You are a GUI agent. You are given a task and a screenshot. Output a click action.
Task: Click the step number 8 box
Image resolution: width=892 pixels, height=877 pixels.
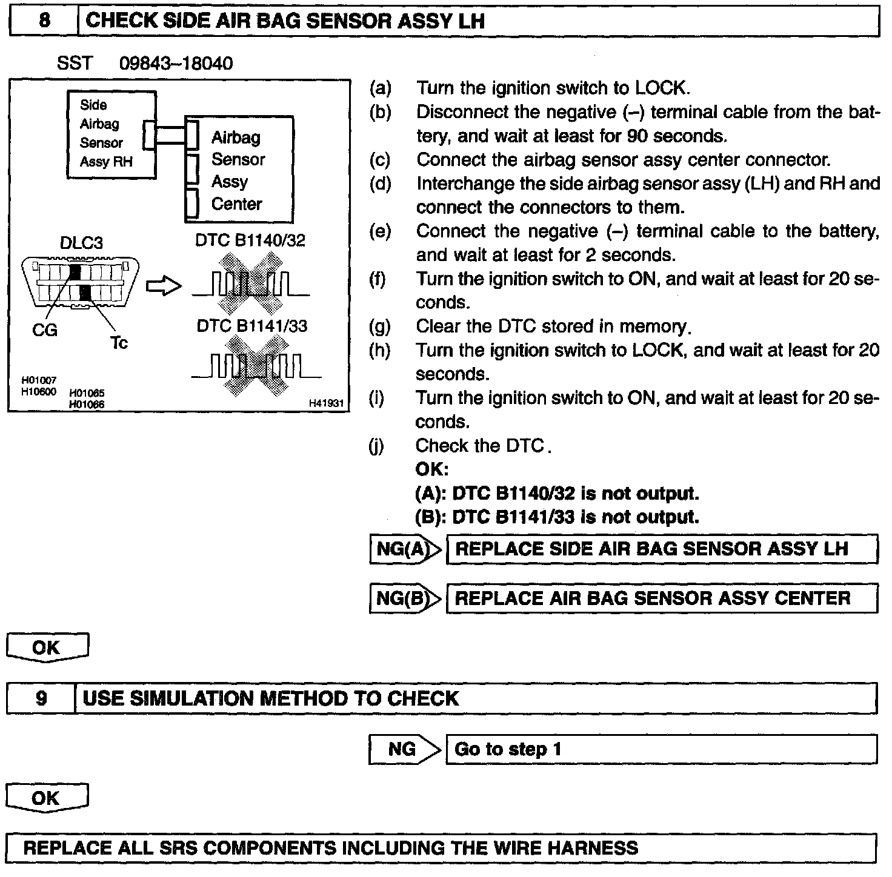44,21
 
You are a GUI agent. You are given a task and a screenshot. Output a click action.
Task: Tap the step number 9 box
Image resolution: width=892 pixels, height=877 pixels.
41,699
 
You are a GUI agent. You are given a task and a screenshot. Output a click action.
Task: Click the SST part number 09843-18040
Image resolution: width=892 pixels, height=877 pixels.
176,64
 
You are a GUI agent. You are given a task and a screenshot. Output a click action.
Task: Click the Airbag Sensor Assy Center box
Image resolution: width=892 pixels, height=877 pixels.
239,170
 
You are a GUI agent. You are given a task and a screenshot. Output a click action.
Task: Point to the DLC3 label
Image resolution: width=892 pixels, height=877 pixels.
81,243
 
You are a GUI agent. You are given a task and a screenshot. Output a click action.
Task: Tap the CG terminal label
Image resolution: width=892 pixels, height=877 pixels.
44,330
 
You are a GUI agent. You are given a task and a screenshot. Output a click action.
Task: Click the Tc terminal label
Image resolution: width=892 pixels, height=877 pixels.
119,343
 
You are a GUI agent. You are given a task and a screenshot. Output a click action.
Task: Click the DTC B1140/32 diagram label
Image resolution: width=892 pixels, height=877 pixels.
250,240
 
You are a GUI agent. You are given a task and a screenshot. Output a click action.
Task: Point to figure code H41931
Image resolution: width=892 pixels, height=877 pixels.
326,403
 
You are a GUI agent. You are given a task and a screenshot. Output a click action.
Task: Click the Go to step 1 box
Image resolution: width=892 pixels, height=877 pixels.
661,749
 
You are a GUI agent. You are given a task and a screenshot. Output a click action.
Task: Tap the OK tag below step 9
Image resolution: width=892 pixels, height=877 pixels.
47,798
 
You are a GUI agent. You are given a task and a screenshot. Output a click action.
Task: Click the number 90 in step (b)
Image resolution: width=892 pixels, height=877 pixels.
637,136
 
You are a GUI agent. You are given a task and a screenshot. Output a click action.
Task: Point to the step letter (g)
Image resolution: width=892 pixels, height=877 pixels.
380,327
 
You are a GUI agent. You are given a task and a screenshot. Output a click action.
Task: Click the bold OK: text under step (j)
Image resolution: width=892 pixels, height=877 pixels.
431,469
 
